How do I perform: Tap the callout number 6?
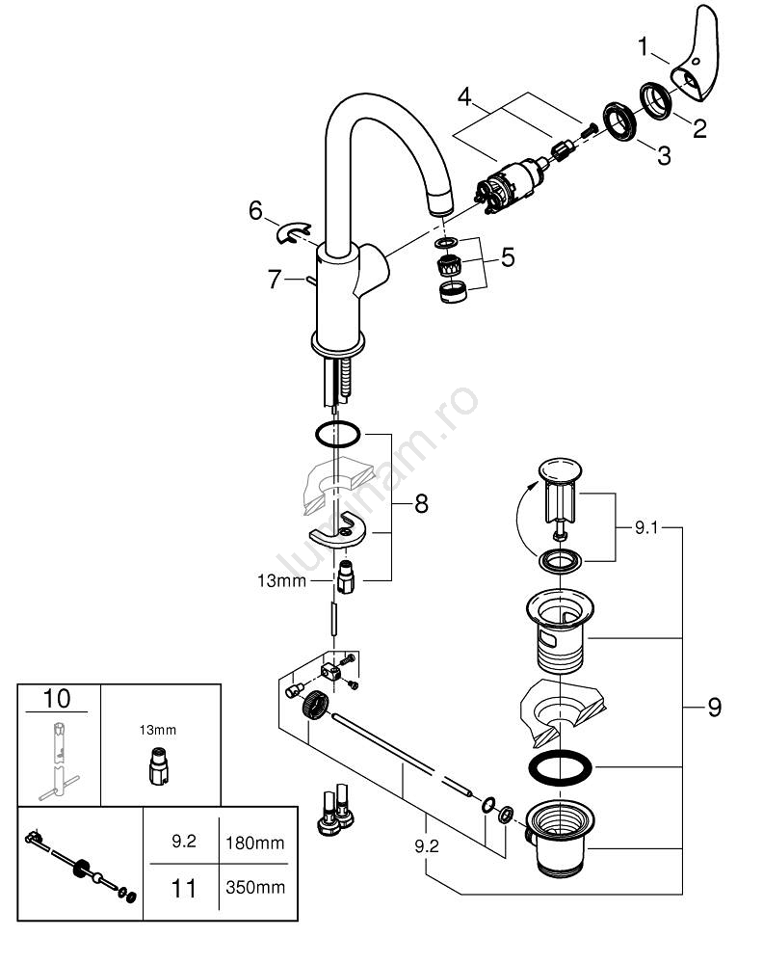tap(254, 209)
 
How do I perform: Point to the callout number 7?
tap(275, 280)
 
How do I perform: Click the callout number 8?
tap(420, 502)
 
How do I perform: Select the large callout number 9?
tap(713, 708)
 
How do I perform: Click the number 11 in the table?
tap(183, 886)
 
